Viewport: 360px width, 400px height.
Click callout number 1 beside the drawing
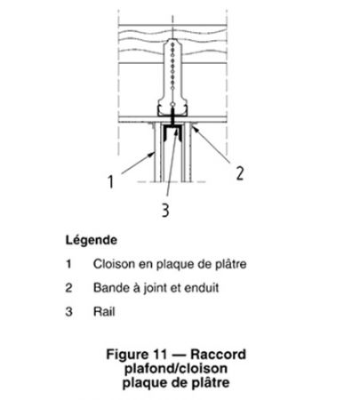[x=110, y=181]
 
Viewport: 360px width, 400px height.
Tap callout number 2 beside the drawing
[x=240, y=173]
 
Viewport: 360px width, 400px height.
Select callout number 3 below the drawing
[x=165, y=210]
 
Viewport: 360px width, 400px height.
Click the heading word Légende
[x=92, y=240]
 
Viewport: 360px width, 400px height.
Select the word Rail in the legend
[x=104, y=312]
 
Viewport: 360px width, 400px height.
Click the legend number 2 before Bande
[x=68, y=288]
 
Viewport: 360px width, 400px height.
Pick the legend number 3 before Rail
[x=68, y=312]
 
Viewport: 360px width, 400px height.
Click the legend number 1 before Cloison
[x=68, y=264]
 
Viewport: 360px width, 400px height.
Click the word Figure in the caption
[x=127, y=355]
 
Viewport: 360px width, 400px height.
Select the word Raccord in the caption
[x=218, y=354]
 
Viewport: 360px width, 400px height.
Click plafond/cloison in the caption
[x=176, y=369]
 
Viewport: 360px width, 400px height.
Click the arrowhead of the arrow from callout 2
[x=193, y=128]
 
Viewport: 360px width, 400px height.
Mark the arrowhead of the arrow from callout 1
[x=153, y=154]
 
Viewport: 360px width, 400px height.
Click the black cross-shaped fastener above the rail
[x=172, y=116]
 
